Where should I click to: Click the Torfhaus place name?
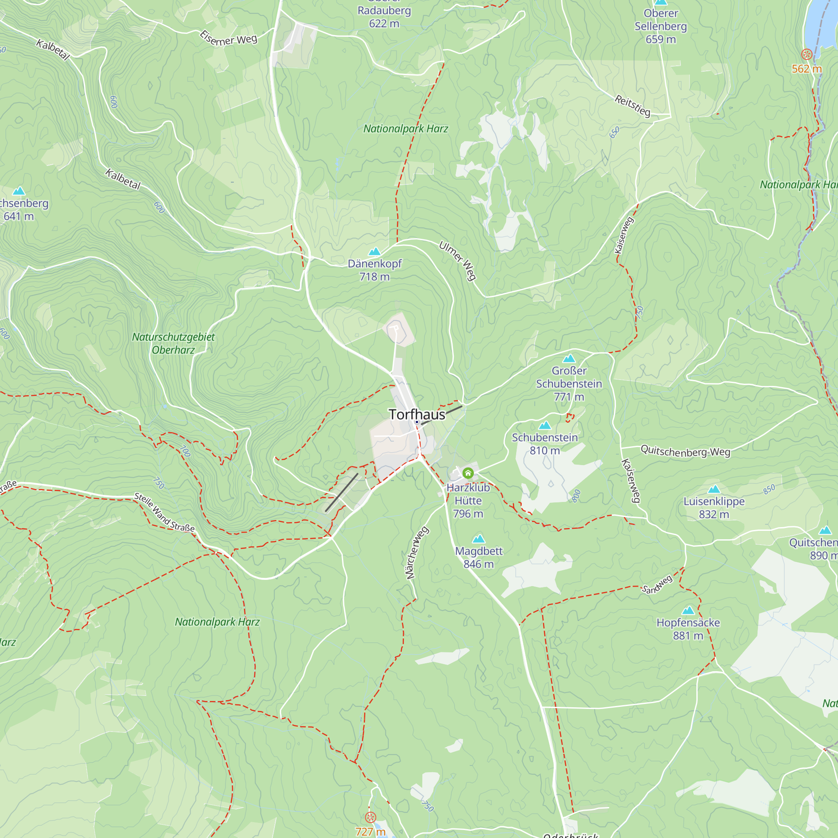pyautogui.click(x=417, y=415)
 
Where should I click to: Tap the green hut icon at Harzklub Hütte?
pyautogui.click(x=468, y=473)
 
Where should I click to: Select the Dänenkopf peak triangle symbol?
pyautogui.click(x=374, y=251)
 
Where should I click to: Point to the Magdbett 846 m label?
pyautogui.click(x=478, y=557)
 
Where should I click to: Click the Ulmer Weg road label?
pyautogui.click(x=458, y=261)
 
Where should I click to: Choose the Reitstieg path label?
pyautogui.click(x=632, y=106)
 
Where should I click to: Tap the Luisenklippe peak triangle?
pyautogui.click(x=714, y=489)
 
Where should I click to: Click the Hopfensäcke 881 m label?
pyautogui.click(x=688, y=629)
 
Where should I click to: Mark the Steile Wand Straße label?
pyautogui.click(x=164, y=512)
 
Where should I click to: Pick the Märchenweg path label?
pyautogui.click(x=417, y=553)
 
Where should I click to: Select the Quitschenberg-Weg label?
pyautogui.click(x=685, y=451)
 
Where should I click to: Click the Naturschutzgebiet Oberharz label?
pyautogui.click(x=173, y=343)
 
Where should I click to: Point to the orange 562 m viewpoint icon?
pyautogui.click(x=807, y=54)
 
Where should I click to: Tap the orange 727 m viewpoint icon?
pyautogui.click(x=370, y=817)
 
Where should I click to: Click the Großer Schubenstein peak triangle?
pyautogui.click(x=569, y=358)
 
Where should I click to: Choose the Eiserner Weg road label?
pyautogui.click(x=228, y=39)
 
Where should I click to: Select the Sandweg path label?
pyautogui.click(x=657, y=585)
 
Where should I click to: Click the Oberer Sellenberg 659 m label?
pyautogui.click(x=661, y=26)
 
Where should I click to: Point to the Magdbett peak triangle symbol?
pyautogui.click(x=478, y=539)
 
